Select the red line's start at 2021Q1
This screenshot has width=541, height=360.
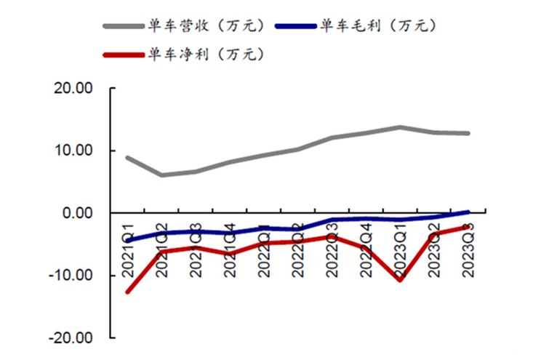128,292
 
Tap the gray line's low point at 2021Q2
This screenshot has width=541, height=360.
162,175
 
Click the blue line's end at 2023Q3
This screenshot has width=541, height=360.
468,212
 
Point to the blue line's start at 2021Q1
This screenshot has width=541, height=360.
128,239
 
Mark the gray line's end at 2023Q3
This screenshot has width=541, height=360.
468,133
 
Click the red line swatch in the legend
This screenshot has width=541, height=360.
124,54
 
